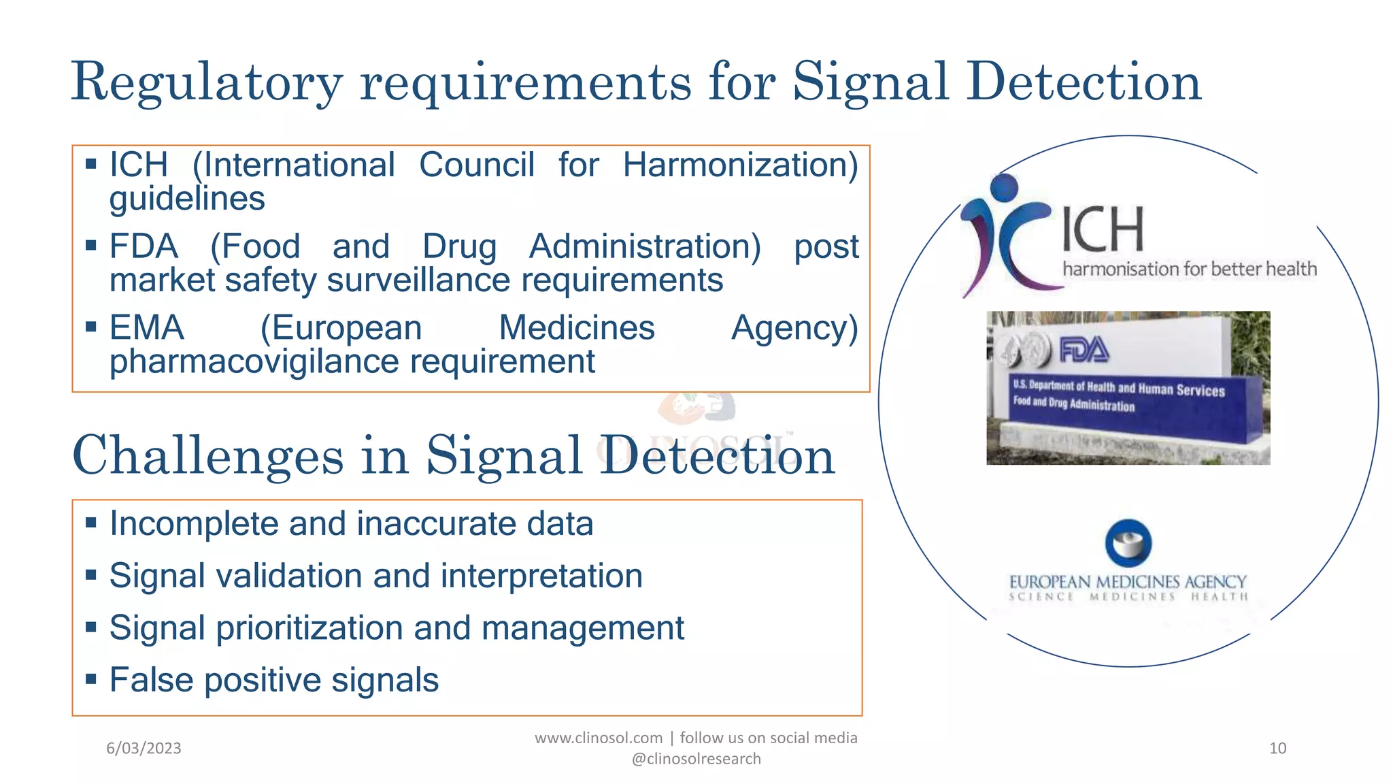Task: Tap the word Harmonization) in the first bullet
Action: (x=740, y=165)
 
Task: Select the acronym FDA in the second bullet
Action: (x=144, y=246)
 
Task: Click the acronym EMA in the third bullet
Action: (x=146, y=328)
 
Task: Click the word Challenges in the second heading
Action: (x=207, y=456)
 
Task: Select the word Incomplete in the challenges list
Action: (x=194, y=524)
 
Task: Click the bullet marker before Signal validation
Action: (x=91, y=576)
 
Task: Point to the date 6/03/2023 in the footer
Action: (x=144, y=749)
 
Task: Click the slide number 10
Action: (x=1277, y=749)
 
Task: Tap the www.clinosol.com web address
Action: (x=598, y=738)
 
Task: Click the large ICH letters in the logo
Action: (x=1103, y=229)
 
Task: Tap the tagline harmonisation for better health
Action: (x=1189, y=269)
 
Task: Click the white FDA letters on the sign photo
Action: (x=1084, y=350)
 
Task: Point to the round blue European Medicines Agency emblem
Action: (x=1128, y=543)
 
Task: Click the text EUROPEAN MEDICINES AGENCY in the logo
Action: (x=1127, y=582)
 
